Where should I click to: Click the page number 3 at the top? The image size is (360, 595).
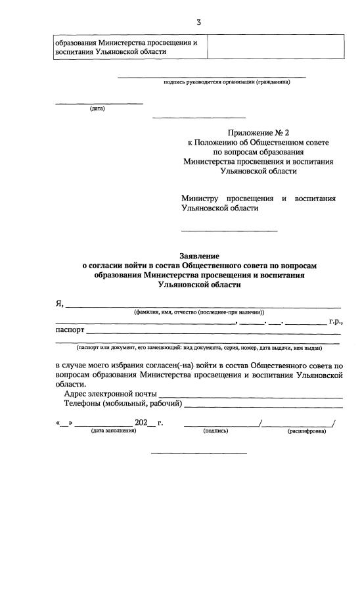point(198,23)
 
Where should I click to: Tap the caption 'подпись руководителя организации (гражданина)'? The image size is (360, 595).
point(226,82)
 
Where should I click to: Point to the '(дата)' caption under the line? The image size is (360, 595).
point(97,108)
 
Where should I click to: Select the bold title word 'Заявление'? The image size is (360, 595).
point(199,256)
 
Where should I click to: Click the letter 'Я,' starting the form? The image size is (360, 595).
point(59,303)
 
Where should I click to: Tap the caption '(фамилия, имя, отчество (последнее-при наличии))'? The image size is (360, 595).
point(199,312)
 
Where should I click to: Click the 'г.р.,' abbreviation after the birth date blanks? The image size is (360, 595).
point(336,321)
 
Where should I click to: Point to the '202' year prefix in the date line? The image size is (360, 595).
point(141,423)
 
